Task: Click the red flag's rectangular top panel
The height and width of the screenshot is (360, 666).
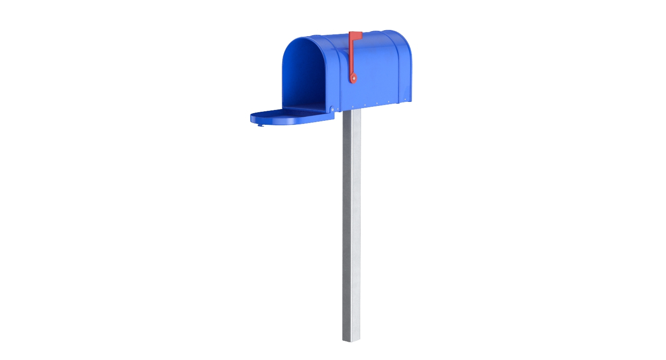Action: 356,36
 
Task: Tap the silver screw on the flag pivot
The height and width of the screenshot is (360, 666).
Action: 353,79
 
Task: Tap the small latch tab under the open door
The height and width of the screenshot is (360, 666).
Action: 261,125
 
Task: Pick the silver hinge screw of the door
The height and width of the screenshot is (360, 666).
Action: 332,109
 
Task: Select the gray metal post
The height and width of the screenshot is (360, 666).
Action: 351,225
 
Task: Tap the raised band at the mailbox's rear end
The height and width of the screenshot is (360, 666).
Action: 404,66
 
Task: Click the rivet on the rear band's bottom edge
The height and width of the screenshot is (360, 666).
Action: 405,100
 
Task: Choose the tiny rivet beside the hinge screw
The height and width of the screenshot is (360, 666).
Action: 338,109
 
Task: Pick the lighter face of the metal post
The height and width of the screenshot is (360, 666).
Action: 356,225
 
